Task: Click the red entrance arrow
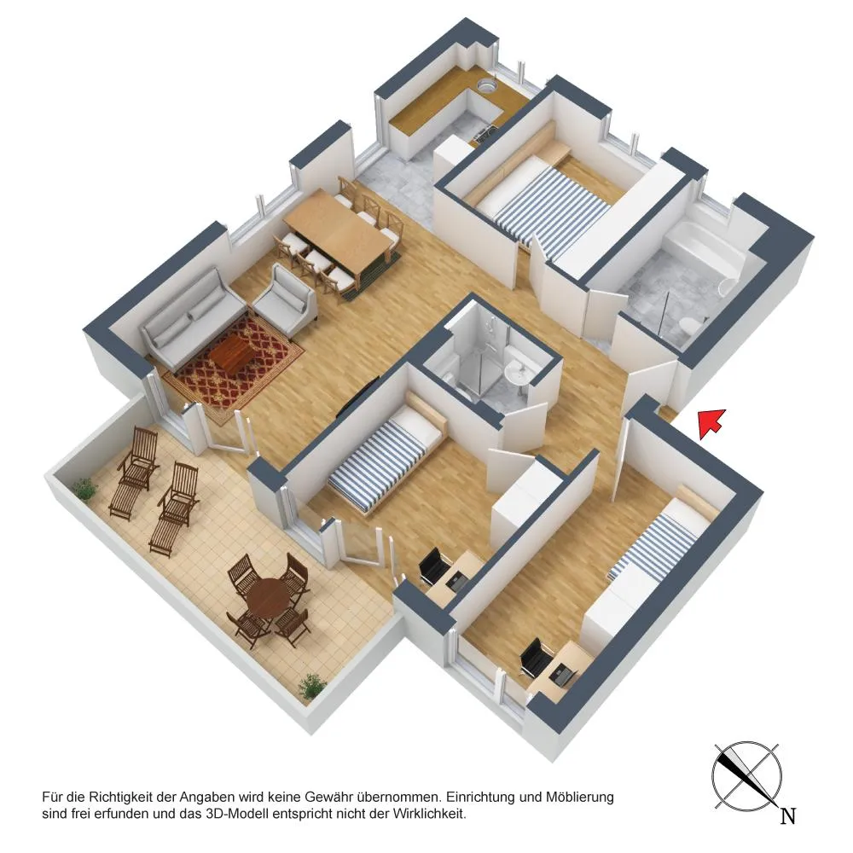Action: [x=711, y=423]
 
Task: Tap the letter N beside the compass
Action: [x=788, y=815]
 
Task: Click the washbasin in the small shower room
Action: [x=518, y=374]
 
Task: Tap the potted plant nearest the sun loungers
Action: [x=84, y=488]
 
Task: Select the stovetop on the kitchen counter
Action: [x=486, y=132]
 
